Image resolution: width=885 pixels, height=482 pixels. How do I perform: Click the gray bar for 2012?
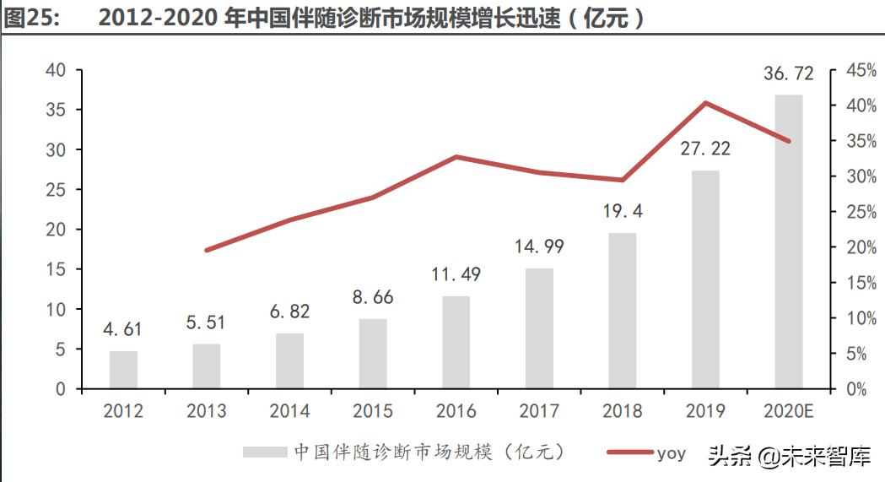(x=123, y=370)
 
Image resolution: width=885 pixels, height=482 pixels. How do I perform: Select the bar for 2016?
(x=456, y=343)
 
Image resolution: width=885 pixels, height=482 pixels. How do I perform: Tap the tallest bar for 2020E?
(x=788, y=241)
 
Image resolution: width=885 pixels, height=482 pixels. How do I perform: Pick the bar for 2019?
(x=705, y=279)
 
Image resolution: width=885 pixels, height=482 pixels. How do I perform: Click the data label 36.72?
(x=788, y=74)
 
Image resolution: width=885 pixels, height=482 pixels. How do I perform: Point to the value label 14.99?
(x=539, y=247)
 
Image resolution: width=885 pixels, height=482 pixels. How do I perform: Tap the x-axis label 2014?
(x=289, y=411)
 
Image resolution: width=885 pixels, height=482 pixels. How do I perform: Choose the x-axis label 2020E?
(x=788, y=411)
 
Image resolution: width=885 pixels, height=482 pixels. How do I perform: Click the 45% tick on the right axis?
(x=860, y=70)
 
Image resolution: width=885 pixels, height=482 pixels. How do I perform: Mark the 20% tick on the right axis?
(x=860, y=247)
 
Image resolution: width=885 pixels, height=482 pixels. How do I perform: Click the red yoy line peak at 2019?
(x=705, y=103)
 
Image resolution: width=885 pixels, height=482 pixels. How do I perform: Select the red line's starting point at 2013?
(x=207, y=250)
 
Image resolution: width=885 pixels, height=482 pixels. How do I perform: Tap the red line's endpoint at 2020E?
(x=788, y=141)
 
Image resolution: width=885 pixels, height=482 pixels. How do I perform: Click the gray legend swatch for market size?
(x=265, y=452)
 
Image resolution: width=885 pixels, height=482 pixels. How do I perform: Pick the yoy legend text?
(x=672, y=453)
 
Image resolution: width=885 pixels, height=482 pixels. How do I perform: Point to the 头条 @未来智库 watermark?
(x=790, y=457)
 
